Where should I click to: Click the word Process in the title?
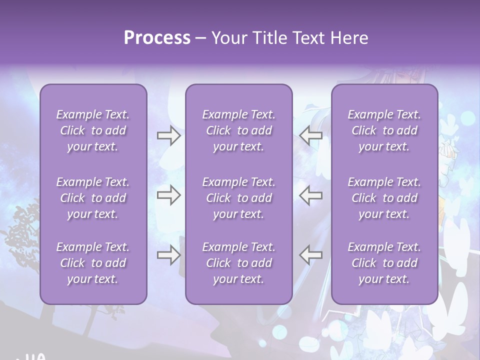157,38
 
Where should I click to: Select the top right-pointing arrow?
168,135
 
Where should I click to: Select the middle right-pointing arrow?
168,195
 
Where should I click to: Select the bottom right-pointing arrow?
168,254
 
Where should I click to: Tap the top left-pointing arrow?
311,135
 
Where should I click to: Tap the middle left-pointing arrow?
311,195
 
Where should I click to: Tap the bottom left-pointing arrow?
311,254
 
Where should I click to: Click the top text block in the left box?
93,130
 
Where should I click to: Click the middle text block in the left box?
93,198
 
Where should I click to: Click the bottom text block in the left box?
93,263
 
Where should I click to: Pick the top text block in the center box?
238,130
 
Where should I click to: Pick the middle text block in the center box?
238,198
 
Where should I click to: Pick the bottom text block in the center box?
238,263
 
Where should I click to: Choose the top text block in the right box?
384,130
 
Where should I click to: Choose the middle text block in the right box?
384,198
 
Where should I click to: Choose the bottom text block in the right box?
384,263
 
